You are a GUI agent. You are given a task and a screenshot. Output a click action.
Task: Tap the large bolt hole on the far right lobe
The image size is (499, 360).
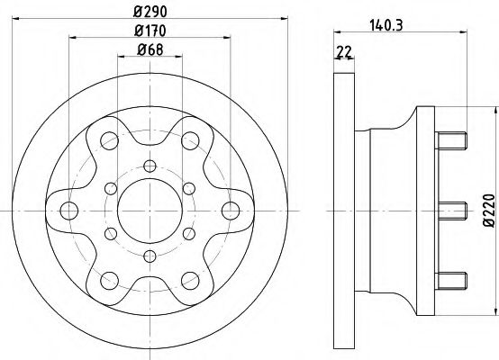[x=230, y=211]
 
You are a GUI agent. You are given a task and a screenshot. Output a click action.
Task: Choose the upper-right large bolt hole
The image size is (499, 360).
[x=190, y=141]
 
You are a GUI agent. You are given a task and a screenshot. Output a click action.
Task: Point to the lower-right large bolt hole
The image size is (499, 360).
[x=190, y=280]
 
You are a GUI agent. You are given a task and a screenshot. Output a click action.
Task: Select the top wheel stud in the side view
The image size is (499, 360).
[x=453, y=140]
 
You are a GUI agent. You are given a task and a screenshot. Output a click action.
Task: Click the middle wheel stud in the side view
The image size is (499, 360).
[x=453, y=209]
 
